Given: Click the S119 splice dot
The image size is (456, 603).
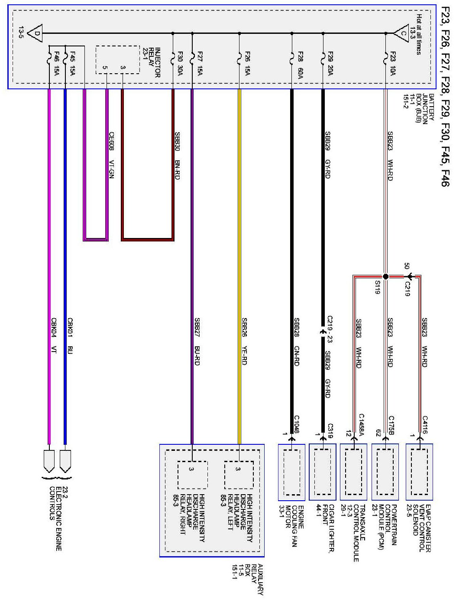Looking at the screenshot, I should pos(385,276).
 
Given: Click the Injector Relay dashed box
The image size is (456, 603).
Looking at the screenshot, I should pos(117,60).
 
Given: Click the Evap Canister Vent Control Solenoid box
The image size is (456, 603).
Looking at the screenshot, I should pos(419,472).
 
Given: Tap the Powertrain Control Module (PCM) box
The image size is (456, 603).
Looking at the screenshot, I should pos(385,472).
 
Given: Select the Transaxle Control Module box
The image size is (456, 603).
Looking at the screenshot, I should pos(353,472).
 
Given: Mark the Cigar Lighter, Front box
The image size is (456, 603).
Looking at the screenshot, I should pos(323,472).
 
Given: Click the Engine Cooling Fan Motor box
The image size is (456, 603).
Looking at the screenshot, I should pos(291,472).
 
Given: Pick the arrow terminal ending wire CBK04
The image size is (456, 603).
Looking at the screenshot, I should pos(49,461).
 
